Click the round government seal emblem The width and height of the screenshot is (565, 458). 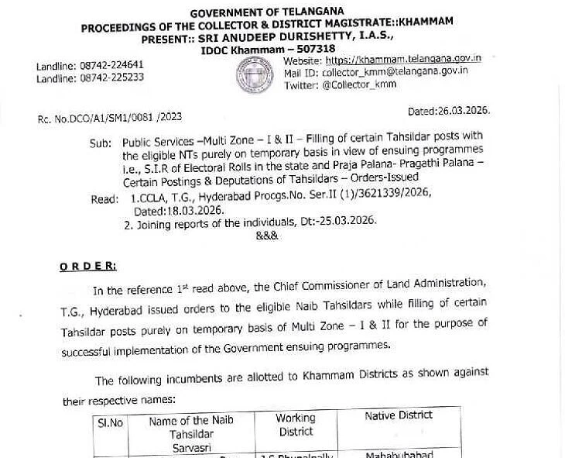pos(255,75)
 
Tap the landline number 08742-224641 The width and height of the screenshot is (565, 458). pos(111,65)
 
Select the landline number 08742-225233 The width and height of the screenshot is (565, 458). pos(111,77)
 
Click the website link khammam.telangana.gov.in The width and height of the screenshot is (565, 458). pos(403,59)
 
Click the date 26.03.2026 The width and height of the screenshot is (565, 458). pos(461,111)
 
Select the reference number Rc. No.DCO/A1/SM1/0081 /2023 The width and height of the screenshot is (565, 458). pos(110,118)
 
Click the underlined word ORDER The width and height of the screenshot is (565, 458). pos(87,266)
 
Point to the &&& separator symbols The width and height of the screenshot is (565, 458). pos(266,235)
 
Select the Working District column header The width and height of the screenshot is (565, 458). pos(296,425)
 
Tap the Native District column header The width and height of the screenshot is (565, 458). pos(399,415)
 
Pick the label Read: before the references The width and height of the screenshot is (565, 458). pos(104,199)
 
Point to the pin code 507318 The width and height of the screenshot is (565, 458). pos(312,49)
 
